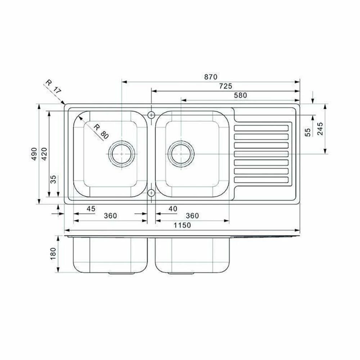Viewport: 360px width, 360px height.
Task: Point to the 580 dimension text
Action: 240,95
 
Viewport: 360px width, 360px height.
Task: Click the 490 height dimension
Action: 34,154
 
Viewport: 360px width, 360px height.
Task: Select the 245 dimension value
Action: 320,129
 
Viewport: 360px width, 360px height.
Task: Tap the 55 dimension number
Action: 307,132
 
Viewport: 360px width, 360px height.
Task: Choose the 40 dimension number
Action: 173,208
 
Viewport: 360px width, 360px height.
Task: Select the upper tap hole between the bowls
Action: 151,115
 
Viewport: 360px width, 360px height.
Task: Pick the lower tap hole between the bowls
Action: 151,193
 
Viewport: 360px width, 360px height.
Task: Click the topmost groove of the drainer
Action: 261,127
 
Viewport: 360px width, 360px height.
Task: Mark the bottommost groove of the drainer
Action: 261,180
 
